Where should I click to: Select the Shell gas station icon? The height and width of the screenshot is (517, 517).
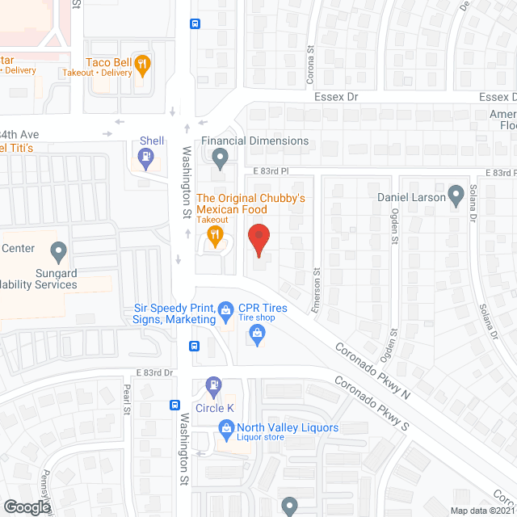(x=146, y=159)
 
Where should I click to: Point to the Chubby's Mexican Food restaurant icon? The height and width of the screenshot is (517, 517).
(x=215, y=236)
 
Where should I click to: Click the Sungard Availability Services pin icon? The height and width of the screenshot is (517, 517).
(x=58, y=253)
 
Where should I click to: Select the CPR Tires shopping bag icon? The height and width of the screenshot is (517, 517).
(x=258, y=334)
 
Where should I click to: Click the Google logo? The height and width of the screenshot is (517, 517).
(x=27, y=506)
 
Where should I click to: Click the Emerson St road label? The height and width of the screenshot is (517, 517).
(x=317, y=290)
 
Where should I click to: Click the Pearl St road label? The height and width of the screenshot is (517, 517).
(x=127, y=399)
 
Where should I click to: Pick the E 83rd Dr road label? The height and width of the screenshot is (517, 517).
(x=154, y=372)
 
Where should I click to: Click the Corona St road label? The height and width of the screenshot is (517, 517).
(x=310, y=65)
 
